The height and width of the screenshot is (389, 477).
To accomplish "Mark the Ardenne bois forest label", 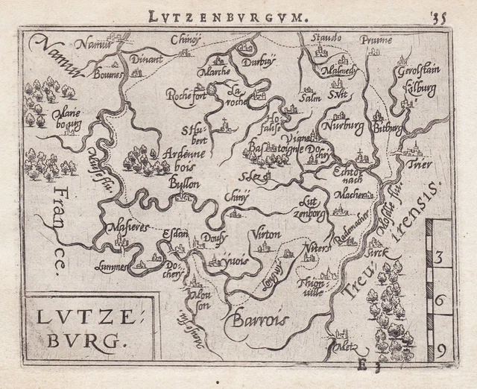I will pyautogui.click(x=180, y=156).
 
